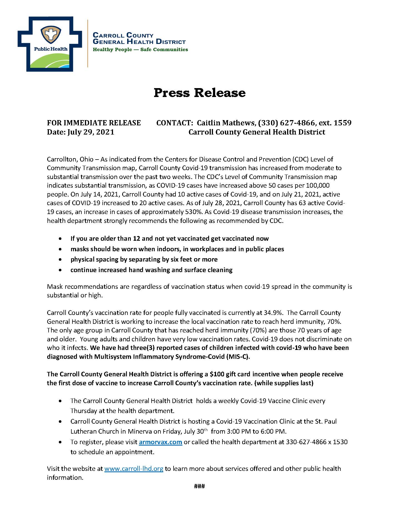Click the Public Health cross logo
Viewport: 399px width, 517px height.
click(50, 44)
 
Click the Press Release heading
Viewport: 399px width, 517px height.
click(199, 93)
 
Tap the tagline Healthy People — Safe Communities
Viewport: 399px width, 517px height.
click(140, 49)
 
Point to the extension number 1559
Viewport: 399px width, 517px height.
click(342, 123)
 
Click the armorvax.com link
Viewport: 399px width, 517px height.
click(160, 442)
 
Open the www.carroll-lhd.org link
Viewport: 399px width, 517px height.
click(134, 469)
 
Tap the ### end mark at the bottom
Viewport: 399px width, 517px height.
click(199, 486)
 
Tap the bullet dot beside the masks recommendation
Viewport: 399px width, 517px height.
click(61, 249)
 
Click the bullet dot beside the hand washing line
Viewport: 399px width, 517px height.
click(61, 270)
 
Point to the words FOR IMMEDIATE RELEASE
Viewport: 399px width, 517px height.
click(94, 123)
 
